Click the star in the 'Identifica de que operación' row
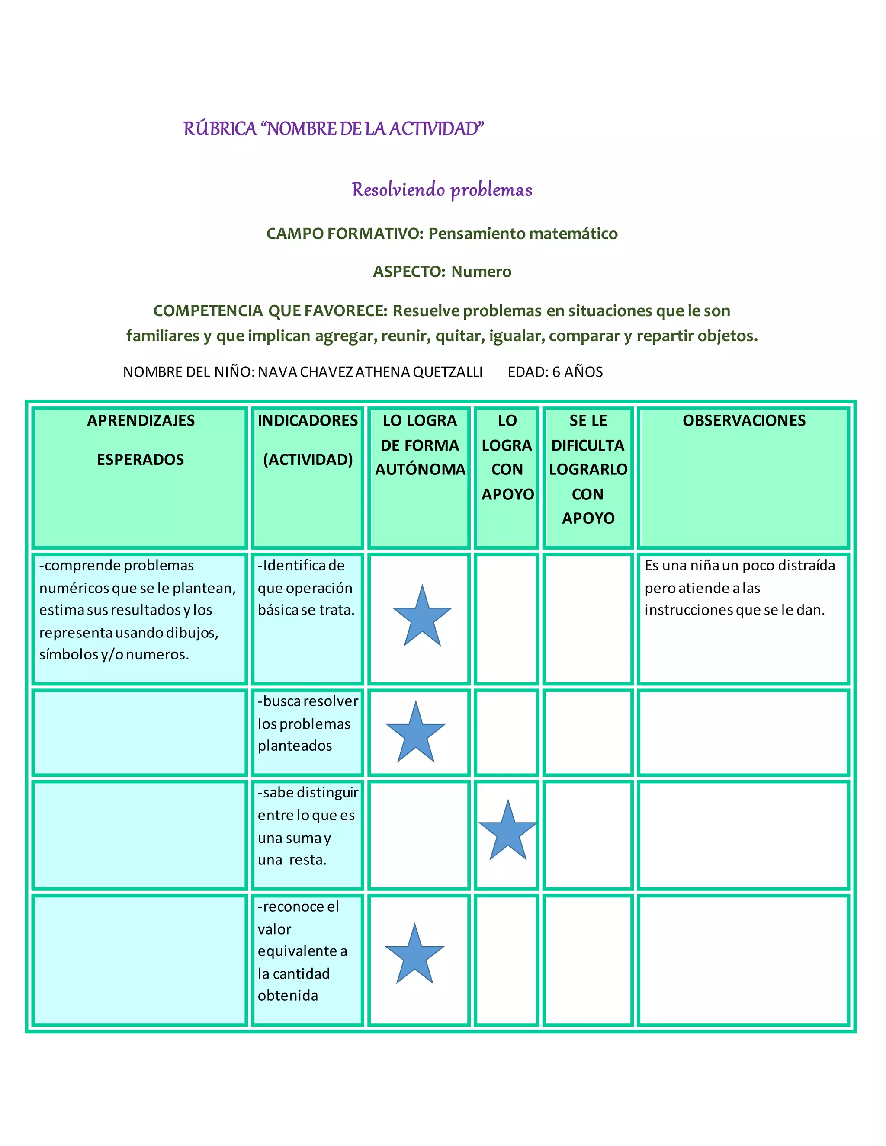click(422, 618)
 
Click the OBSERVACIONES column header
click(744, 421)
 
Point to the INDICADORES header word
click(308, 421)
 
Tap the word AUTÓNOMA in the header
click(420, 470)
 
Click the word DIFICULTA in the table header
click(588, 445)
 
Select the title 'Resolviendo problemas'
click(442, 190)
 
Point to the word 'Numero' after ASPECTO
click(482, 272)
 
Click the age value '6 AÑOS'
click(578, 372)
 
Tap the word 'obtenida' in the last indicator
click(288, 996)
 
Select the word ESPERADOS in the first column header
click(140, 460)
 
